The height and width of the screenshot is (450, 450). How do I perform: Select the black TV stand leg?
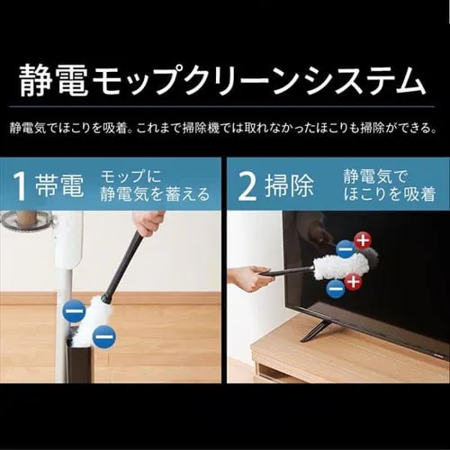click(315, 329)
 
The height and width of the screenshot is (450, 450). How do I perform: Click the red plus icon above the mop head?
click(362, 239)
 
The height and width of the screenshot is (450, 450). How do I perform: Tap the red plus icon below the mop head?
click(353, 282)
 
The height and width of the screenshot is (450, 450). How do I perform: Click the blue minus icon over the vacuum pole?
click(74, 312)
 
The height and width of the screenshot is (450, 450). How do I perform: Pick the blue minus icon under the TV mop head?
click(335, 288)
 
